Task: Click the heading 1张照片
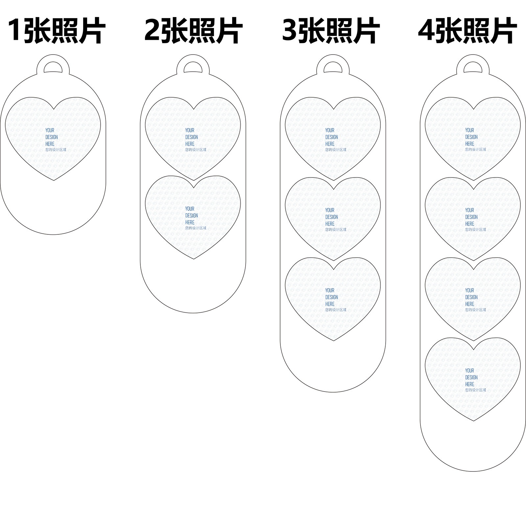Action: pyautogui.click(x=57, y=31)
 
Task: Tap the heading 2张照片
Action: pyautogui.click(x=193, y=31)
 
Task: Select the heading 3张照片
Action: pyautogui.click(x=331, y=31)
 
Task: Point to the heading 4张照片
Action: pyautogui.click(x=467, y=31)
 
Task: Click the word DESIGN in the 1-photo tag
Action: pyautogui.click(x=52, y=137)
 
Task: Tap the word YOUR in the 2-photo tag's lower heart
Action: pyautogui.click(x=190, y=209)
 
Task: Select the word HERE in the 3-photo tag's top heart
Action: pyautogui.click(x=330, y=144)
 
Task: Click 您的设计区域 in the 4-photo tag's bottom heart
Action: pyautogui.click(x=475, y=390)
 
